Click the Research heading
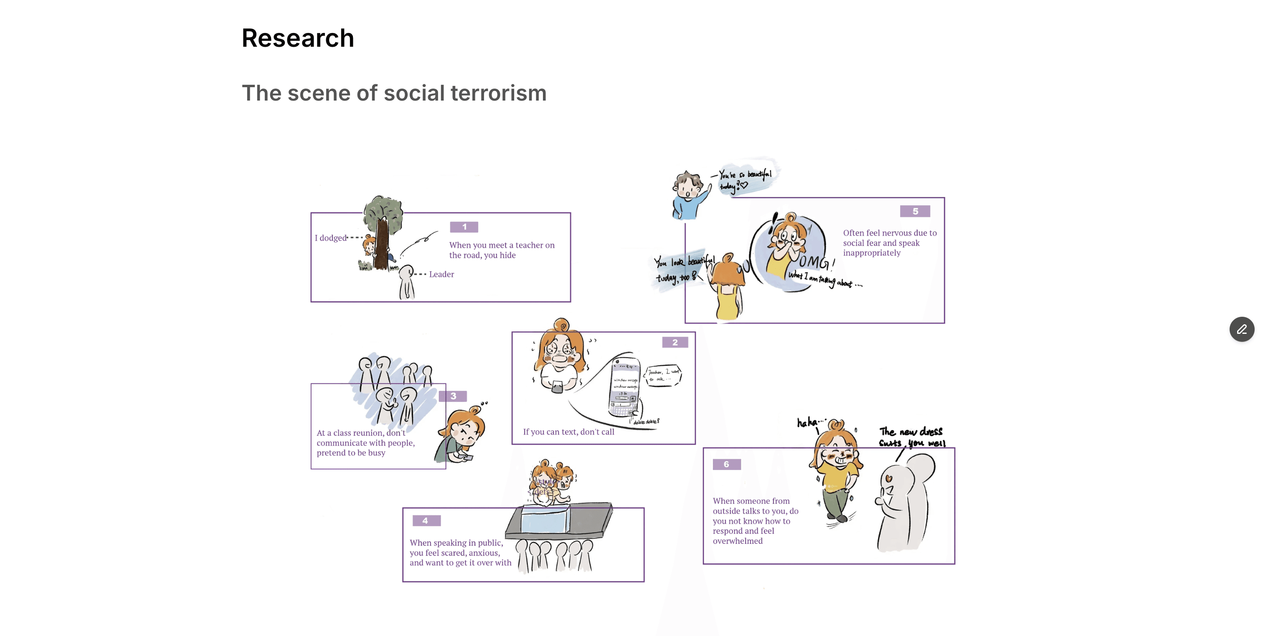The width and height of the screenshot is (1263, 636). coord(298,38)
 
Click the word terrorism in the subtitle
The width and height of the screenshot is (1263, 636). coord(498,93)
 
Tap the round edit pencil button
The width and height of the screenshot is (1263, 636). coord(1241,329)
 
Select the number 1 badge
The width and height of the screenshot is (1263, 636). coord(464,227)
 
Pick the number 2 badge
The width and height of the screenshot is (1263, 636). coord(675,343)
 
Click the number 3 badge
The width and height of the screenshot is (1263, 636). coord(453,396)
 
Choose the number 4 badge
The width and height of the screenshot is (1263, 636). coord(426,520)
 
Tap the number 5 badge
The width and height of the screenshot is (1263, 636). coord(915,211)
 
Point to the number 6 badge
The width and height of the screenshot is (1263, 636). coord(726,464)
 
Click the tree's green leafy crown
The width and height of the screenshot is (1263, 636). coord(383,209)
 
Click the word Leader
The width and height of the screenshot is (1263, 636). coord(441,275)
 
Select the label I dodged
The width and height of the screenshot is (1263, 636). coord(330,238)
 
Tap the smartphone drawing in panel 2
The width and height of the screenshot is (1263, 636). coord(625,387)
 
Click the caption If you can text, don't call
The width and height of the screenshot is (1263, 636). coord(568,432)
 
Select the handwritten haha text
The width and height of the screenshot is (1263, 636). coord(809,422)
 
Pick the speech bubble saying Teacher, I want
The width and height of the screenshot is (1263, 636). coord(663,375)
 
